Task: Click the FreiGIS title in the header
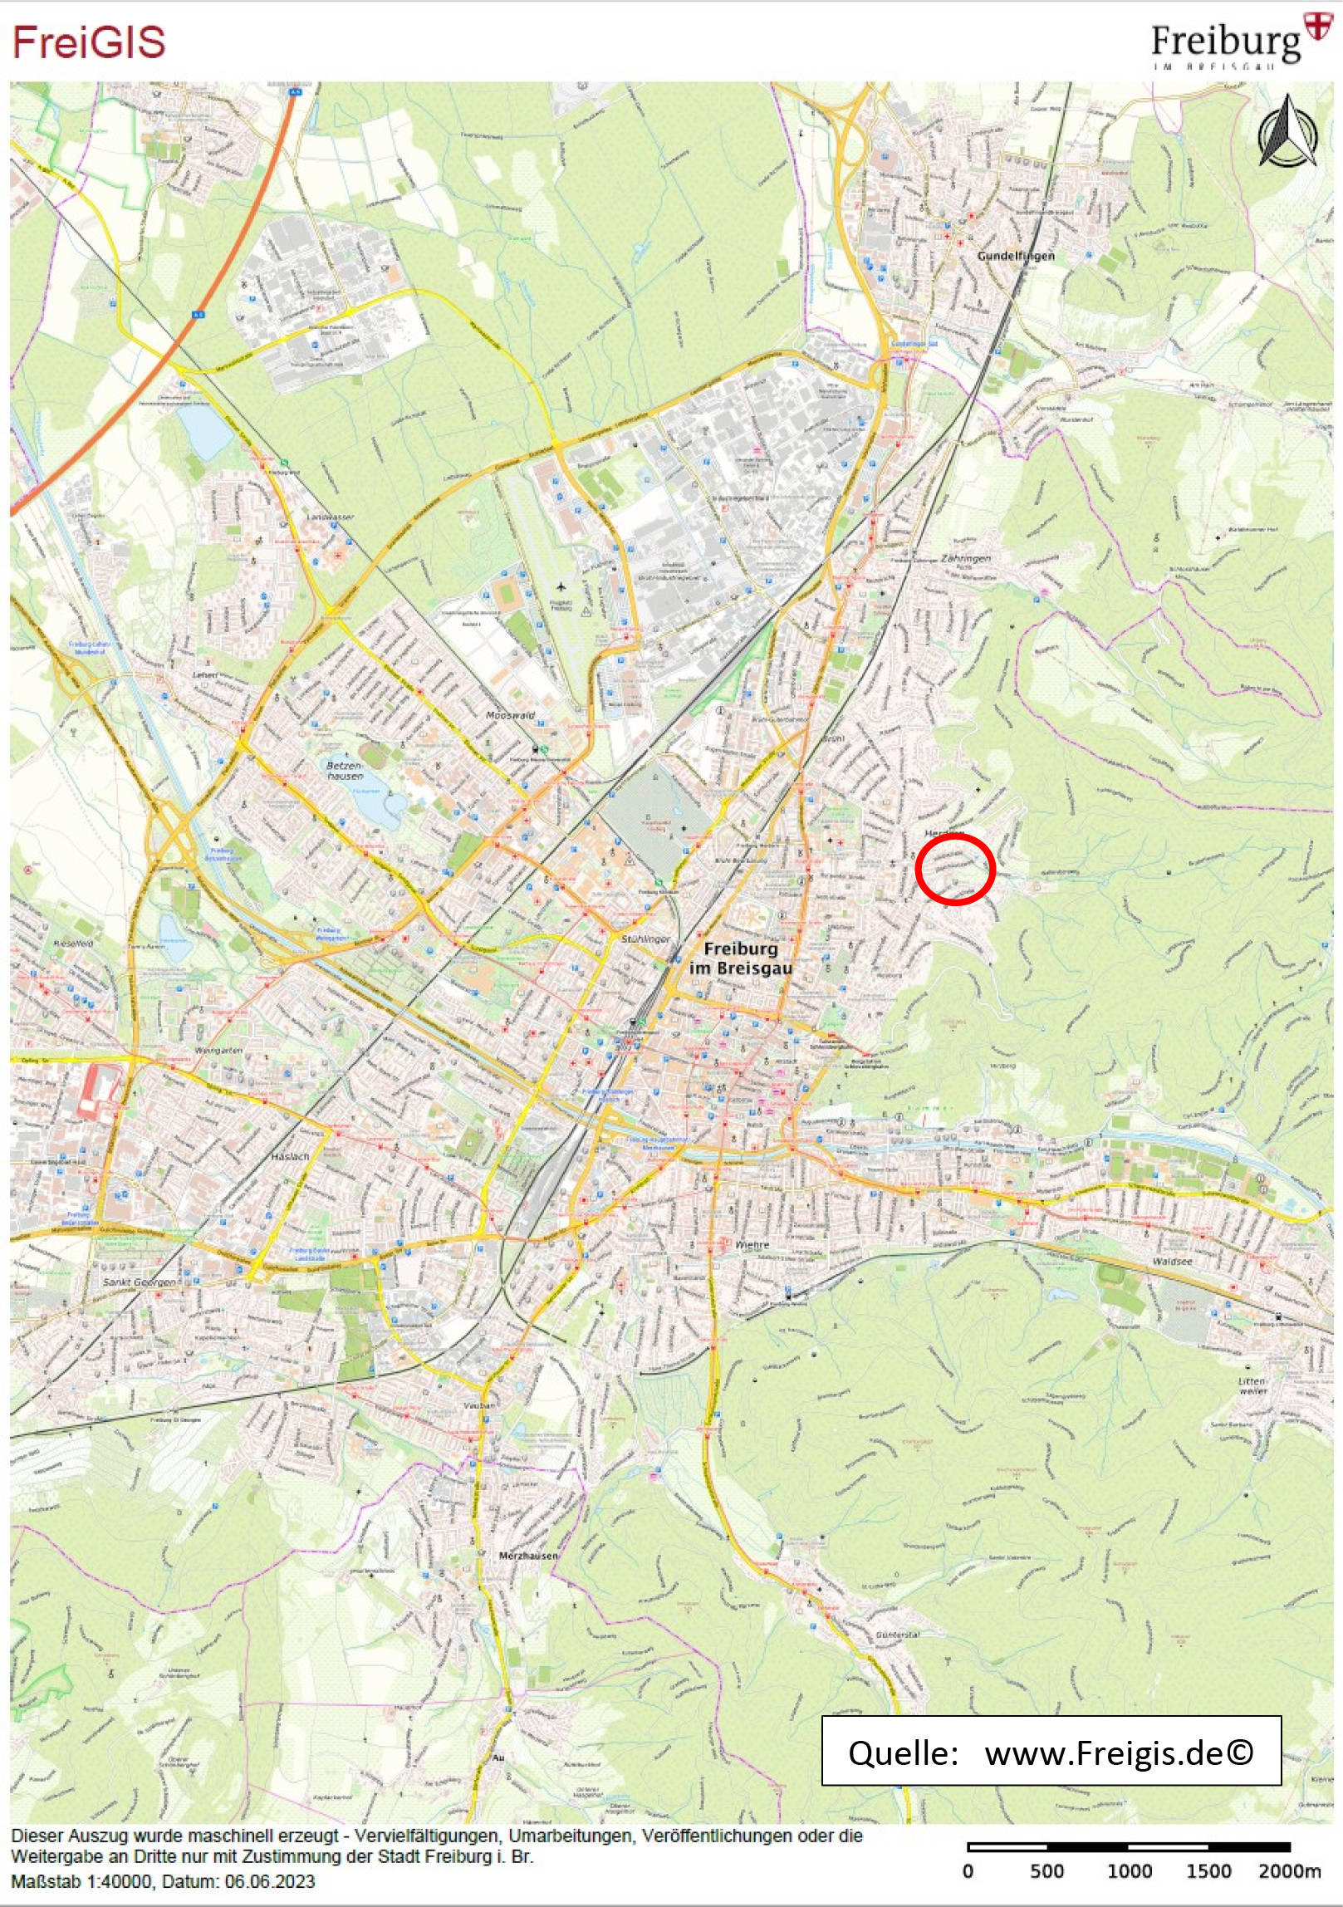click(89, 42)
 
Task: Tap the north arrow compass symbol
click(1287, 132)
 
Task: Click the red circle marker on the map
click(954, 869)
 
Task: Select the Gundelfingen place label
click(1015, 256)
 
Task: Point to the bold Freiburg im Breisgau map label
click(741, 958)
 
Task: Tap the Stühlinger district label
click(645, 939)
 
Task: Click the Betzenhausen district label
click(345, 771)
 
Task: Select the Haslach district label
click(290, 1156)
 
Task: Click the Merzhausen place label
click(528, 1555)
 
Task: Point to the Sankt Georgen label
click(139, 1282)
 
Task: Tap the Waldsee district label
click(1172, 1261)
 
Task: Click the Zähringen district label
click(965, 558)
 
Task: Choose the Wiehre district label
click(752, 1245)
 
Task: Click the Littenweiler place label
click(1252, 1385)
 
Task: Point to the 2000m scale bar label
click(1288, 1870)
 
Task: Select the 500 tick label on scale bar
click(1046, 1870)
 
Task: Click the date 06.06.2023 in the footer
click(269, 1881)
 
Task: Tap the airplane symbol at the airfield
click(561, 588)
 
